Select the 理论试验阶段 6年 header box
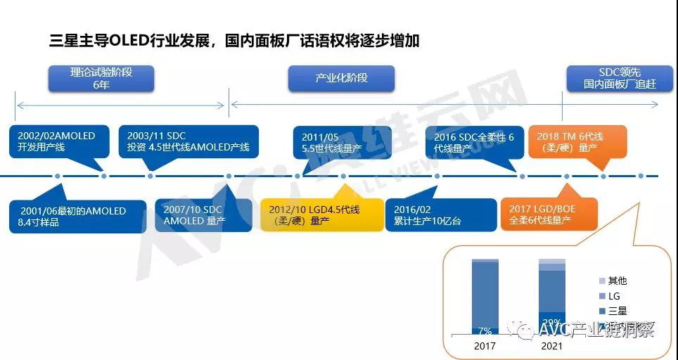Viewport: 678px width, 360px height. pyautogui.click(x=101, y=79)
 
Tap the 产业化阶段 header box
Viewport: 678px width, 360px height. pyautogui.click(x=341, y=78)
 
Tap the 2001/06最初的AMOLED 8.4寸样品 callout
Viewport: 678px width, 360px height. pyautogui.click(x=78, y=216)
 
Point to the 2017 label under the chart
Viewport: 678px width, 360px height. pyautogui.click(x=485, y=347)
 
